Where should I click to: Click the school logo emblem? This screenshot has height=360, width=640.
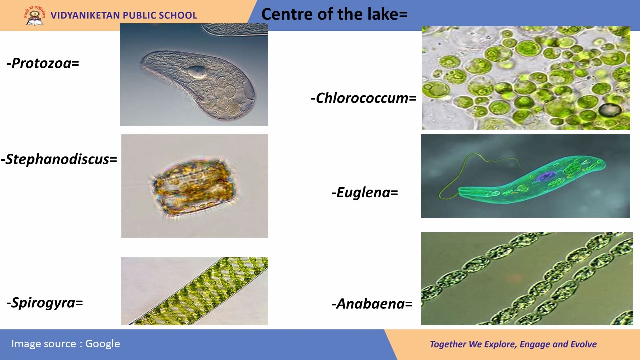[x=35, y=15]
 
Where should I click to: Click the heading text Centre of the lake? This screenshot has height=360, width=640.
[x=334, y=14]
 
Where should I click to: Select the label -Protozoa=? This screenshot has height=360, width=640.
[x=43, y=63]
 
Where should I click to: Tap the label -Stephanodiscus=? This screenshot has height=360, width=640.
[x=59, y=159]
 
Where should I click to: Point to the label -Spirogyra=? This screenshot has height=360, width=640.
[x=45, y=303]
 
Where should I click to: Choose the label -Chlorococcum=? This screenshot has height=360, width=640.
[x=363, y=98]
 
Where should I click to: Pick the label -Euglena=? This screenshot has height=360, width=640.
[x=365, y=193]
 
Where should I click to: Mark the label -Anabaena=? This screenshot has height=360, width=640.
[x=372, y=304]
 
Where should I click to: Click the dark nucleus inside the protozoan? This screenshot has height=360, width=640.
[x=196, y=71]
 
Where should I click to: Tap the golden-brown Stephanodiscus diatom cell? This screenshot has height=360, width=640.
[x=194, y=187]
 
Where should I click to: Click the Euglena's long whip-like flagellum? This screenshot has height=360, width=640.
[x=468, y=171]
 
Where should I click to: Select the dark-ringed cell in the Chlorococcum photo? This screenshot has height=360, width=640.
[x=610, y=110]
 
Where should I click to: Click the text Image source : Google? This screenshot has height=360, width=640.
[x=65, y=344]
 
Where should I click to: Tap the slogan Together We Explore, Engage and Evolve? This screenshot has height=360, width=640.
[x=513, y=344]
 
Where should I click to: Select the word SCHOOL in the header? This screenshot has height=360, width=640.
[x=178, y=15]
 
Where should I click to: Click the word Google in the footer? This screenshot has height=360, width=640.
[x=103, y=344]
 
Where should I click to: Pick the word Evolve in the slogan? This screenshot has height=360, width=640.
[x=583, y=344]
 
